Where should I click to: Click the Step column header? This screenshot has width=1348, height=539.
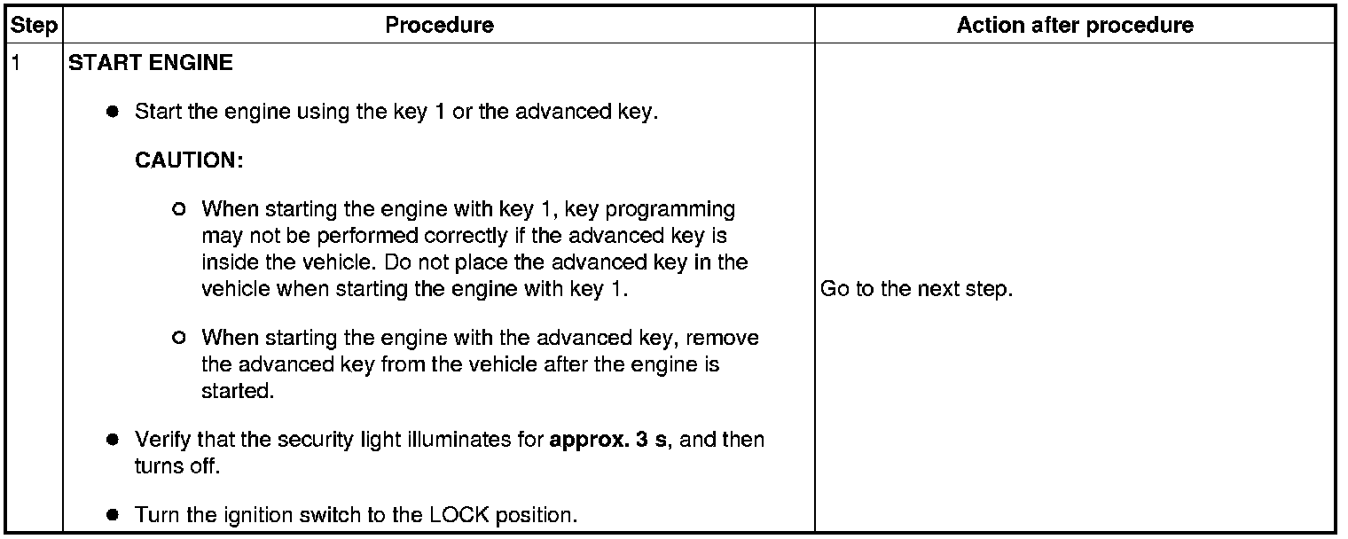coord(33,25)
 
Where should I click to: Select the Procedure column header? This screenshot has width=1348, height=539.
coord(439,25)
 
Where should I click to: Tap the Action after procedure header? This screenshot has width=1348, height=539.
coord(1075,25)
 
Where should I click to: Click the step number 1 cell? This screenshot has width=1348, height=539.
coord(15,63)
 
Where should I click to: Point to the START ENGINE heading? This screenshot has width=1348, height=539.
coord(151,63)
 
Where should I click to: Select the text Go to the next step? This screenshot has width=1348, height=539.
coord(916,289)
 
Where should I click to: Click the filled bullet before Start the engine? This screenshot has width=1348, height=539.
coord(113,113)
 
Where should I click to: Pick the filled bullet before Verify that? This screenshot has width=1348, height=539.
coord(113,440)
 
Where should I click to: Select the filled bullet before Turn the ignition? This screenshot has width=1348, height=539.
coord(113,515)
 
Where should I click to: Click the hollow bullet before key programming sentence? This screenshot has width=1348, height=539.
coord(180,210)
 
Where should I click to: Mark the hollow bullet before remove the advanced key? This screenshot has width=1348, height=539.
coord(180,338)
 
